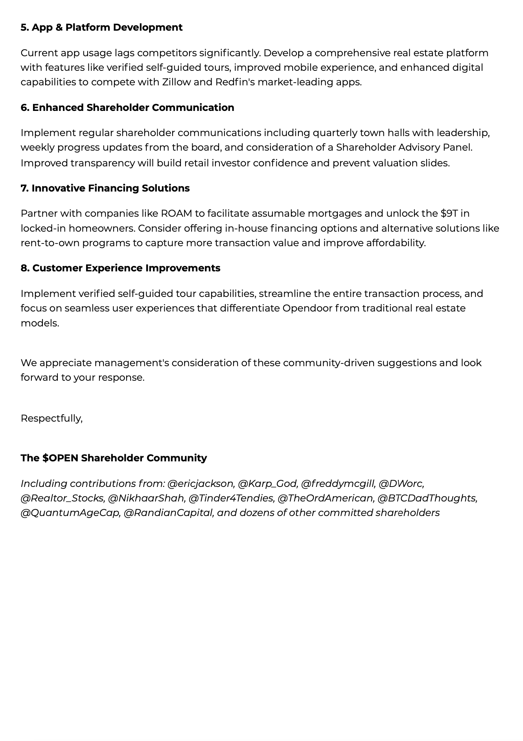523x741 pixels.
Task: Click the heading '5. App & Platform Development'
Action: [101, 28]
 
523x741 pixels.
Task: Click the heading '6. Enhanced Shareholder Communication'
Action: [127, 108]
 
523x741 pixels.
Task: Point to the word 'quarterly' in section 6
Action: [335, 133]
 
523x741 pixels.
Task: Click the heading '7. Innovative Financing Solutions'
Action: [105, 188]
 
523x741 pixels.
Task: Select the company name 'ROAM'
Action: [177, 214]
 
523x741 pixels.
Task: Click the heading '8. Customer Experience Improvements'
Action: [120, 268]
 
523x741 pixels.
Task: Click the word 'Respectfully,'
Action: [52, 418]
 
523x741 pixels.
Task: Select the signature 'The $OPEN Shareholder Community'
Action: [114, 458]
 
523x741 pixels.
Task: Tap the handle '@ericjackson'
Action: [201, 484]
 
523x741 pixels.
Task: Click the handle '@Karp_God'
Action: [267, 484]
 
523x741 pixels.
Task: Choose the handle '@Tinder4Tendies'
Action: [231, 498]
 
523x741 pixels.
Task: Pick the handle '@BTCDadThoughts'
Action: [427, 498]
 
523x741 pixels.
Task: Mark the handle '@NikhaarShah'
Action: [146, 498]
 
